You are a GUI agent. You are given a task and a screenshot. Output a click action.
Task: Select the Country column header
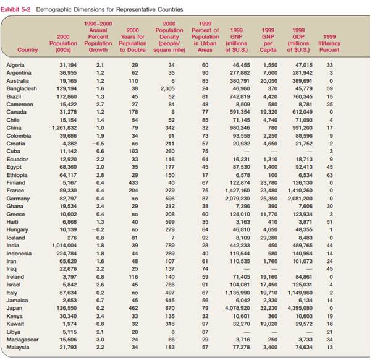pyautogui.click(x=28, y=50)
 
